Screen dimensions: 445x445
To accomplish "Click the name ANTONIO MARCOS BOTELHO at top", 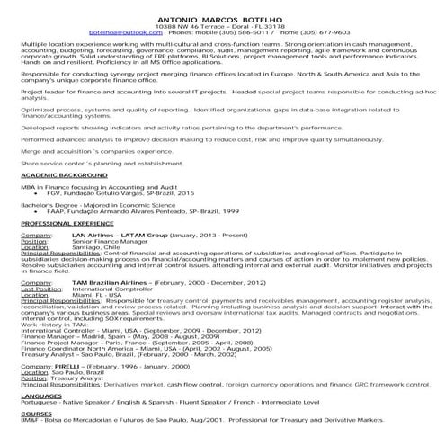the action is click(x=222, y=17).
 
